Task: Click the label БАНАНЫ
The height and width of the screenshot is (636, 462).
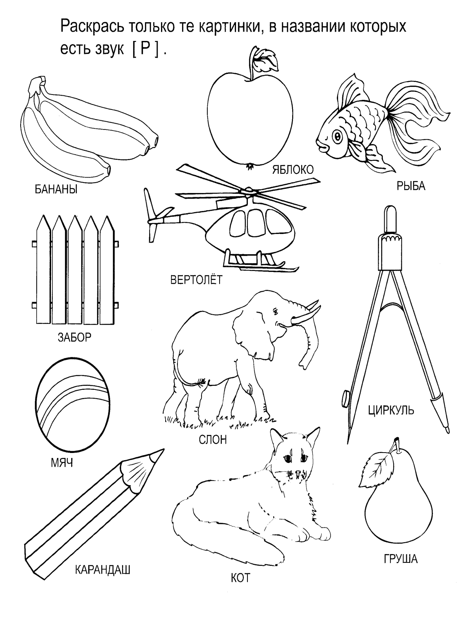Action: [x=56, y=190]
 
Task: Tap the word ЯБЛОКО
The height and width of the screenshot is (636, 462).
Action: [x=293, y=170]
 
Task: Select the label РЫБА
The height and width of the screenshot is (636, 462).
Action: [x=411, y=186]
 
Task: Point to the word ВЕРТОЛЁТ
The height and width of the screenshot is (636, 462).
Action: [x=197, y=280]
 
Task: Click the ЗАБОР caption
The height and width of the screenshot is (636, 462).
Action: [x=75, y=337]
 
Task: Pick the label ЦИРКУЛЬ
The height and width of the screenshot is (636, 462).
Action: [x=391, y=410]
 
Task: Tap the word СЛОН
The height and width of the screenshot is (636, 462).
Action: [x=213, y=440]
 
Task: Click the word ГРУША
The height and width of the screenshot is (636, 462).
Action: [x=401, y=559]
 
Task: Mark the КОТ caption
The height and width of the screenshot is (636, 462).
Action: [x=241, y=578]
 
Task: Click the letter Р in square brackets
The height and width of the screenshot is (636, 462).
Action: [x=145, y=49]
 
